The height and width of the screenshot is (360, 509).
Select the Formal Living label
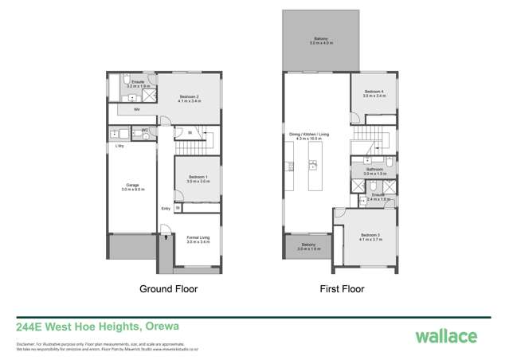point(198,239)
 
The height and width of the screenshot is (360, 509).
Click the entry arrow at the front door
point(164,236)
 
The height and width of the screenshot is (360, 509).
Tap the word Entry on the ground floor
point(166,209)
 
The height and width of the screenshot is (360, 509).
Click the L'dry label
point(119,147)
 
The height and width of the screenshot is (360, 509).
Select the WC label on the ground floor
point(145,130)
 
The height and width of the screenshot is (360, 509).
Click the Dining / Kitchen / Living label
point(309,136)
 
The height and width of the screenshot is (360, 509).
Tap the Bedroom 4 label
point(374,93)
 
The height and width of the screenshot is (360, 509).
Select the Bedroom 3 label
point(370,237)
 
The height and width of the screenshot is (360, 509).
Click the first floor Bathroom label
point(374,170)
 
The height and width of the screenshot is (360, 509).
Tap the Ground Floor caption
point(168,289)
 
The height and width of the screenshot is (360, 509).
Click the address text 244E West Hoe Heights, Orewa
point(97,327)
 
